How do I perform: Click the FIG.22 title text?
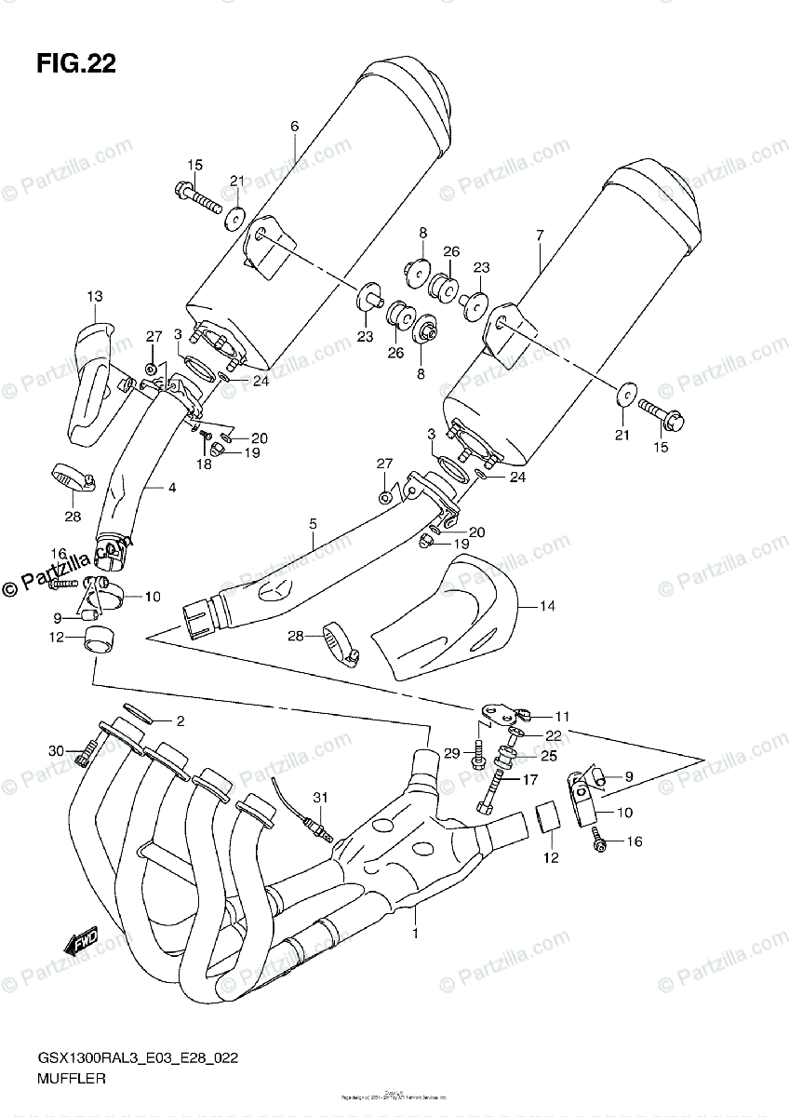pyautogui.click(x=76, y=63)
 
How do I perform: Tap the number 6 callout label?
pyautogui.click(x=294, y=126)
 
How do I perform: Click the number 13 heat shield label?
pyautogui.click(x=95, y=296)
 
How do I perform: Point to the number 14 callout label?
pyautogui.click(x=548, y=606)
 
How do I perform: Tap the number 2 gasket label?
pyautogui.click(x=181, y=721)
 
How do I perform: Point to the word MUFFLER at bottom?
pyautogui.click(x=71, y=1080)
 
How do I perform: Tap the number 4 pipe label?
pyautogui.click(x=171, y=487)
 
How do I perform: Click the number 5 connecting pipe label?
pyautogui.click(x=313, y=524)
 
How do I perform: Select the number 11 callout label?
pyautogui.click(x=561, y=717)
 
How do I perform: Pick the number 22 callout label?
pyautogui.click(x=553, y=735)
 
